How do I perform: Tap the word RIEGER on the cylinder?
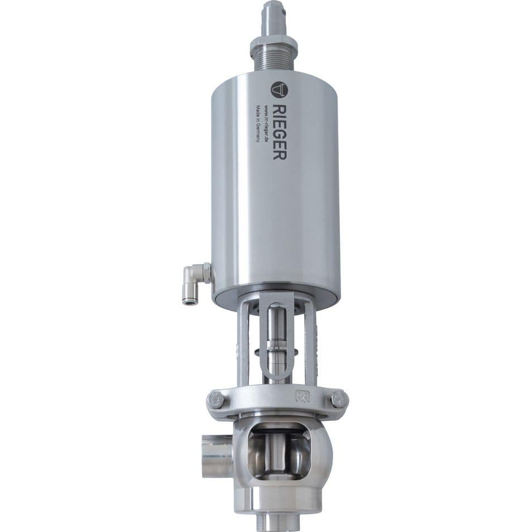pos(280,131)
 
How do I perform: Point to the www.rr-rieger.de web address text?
pos(267,124)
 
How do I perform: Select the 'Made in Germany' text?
pos(258,122)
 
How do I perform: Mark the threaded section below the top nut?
pos(274,61)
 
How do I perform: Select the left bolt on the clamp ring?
pos(216,400)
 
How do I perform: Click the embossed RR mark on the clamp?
pos(301,397)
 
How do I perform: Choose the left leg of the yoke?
pos(243,346)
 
